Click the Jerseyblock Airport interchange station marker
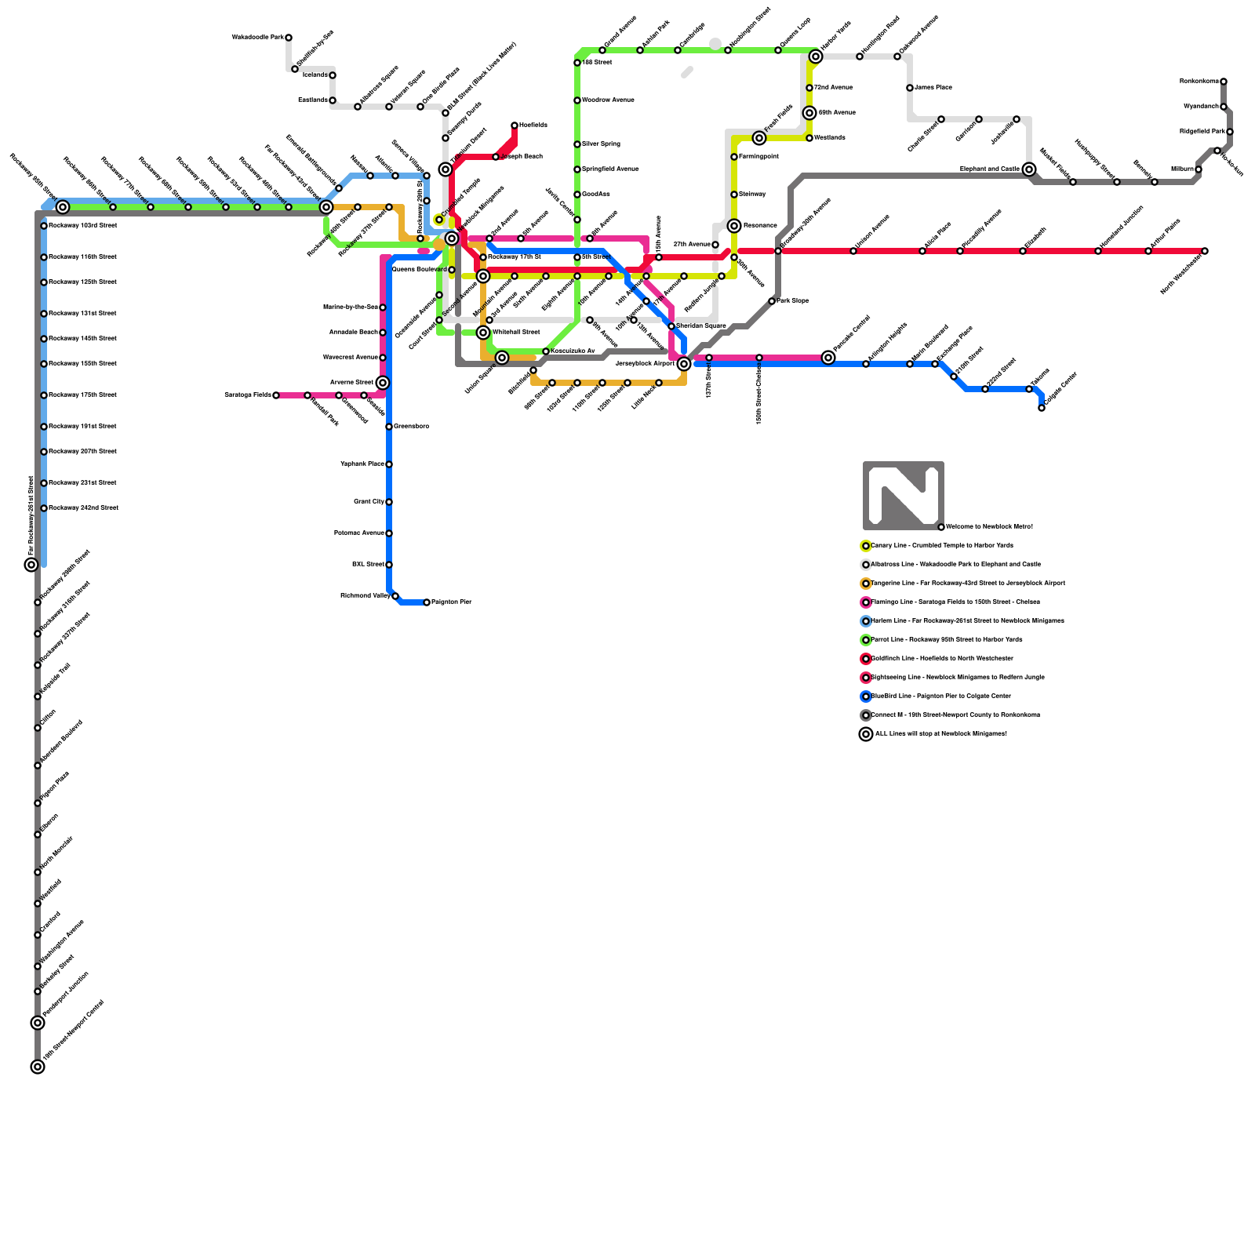684,364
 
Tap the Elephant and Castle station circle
1029,169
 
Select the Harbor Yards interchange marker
816,56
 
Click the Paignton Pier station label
451,602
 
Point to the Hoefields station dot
515,125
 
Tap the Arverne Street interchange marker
383,383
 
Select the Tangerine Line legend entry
965,584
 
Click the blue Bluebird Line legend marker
866,697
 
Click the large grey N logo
903,496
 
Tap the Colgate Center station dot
1042,408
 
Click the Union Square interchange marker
502,358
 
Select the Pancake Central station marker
828,358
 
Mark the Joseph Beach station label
522,157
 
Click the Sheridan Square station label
700,326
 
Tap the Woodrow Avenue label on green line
608,100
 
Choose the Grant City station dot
389,502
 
